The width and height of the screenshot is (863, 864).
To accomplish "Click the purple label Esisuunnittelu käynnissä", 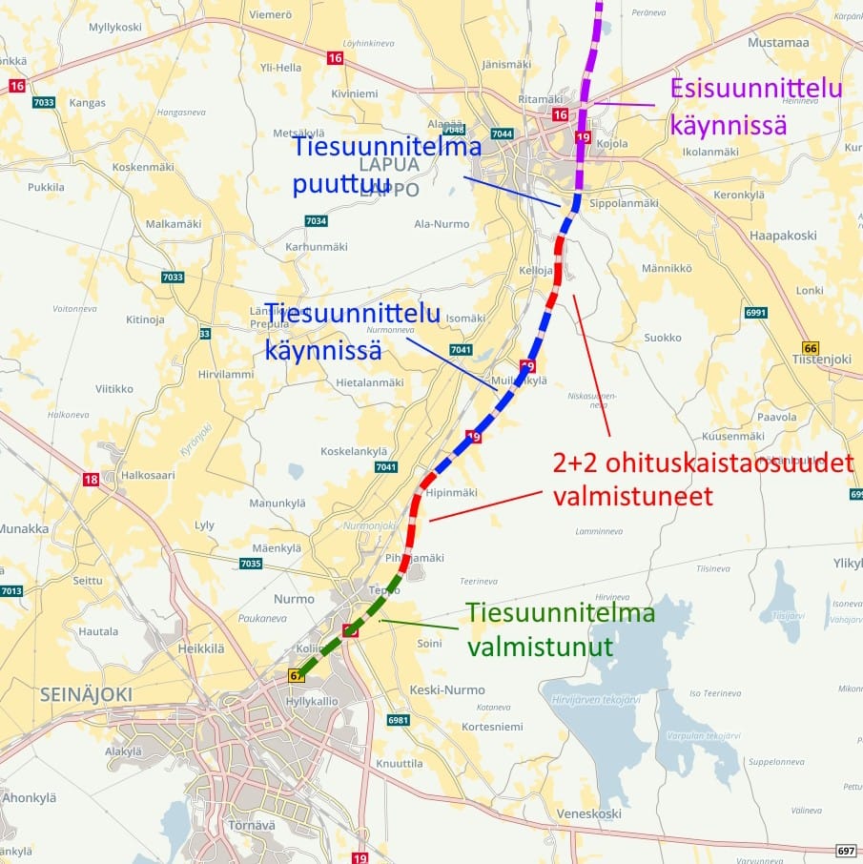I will coord(755,106).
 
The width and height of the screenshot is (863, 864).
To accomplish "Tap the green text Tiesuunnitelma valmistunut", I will coord(560,629).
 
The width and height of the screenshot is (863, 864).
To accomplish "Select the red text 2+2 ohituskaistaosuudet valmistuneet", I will coord(703,480).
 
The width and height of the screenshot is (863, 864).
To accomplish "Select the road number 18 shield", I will coord(91,480).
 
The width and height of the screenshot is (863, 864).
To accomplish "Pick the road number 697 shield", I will coord(845,850).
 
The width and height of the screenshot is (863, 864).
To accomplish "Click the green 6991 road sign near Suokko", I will coord(756,313).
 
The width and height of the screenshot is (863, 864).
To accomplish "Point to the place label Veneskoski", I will coord(589,813).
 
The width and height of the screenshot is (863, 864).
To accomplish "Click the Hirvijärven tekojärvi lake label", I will coord(596,699).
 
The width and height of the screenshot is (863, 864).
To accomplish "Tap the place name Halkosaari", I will coord(149,475).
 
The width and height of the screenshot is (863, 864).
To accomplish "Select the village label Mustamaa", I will coord(777,42).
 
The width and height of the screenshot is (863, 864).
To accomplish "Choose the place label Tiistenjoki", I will coord(821,359).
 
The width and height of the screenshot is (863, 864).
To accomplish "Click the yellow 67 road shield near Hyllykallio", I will coord(297,675).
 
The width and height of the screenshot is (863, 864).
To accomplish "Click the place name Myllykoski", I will coord(115,27).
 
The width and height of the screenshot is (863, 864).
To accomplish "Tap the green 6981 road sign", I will coord(398,719).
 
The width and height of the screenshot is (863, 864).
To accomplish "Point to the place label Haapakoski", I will coord(783,235).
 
